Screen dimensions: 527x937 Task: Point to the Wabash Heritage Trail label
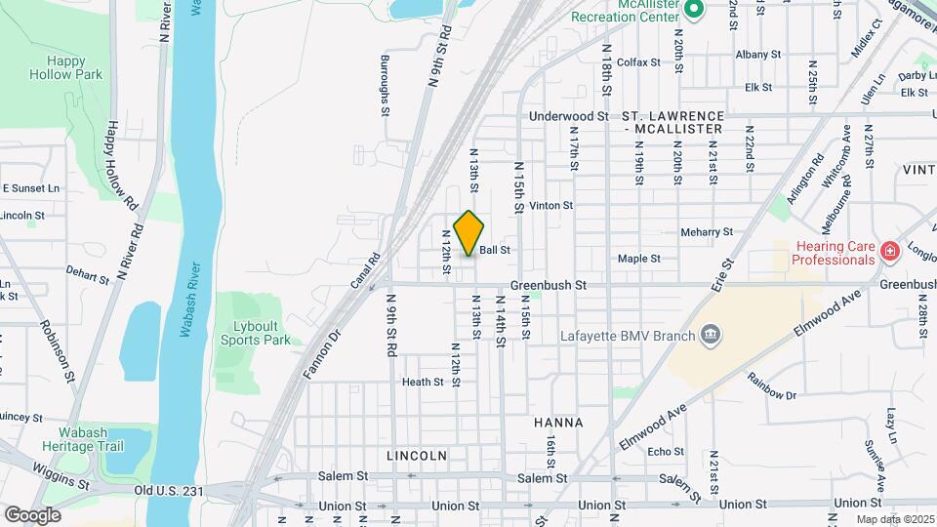(82, 439)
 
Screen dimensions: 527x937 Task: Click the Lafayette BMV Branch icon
(712, 337)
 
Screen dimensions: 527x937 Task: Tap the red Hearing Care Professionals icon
(888, 253)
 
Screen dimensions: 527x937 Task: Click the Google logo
(32, 514)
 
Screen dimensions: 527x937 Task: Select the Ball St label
(495, 251)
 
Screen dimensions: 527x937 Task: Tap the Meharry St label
(707, 232)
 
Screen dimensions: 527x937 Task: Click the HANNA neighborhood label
(558, 423)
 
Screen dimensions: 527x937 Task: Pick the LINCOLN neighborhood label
(417, 456)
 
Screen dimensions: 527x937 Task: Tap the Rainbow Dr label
(772, 386)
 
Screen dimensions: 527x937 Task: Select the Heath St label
(423, 383)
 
